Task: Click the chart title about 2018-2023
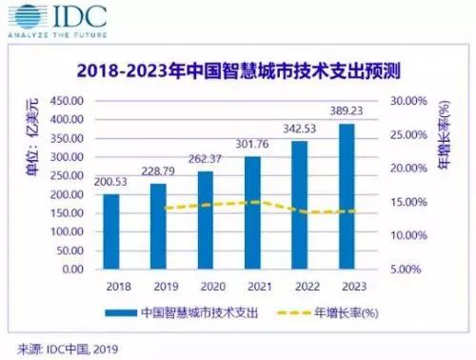(237, 70)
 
